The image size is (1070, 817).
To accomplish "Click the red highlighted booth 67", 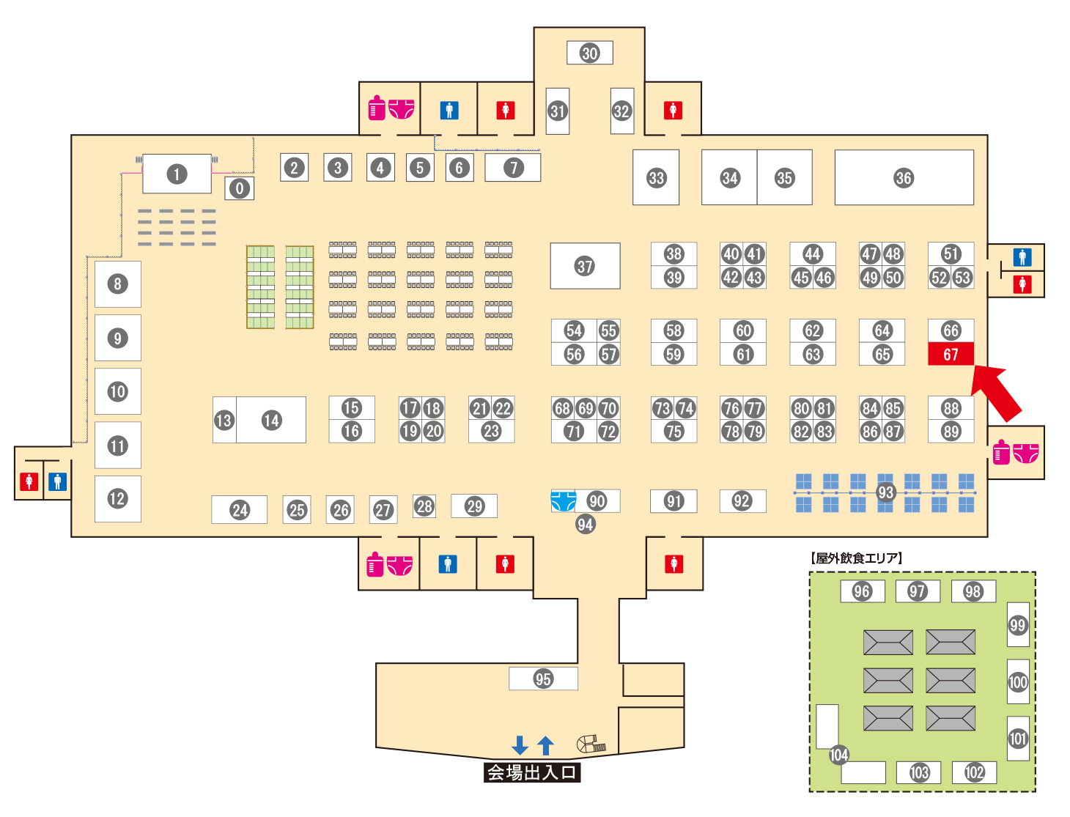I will pyautogui.click(x=951, y=354).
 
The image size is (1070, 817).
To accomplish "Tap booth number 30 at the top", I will pyautogui.click(x=590, y=53).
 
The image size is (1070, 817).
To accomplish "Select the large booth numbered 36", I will pyautogui.click(x=904, y=177).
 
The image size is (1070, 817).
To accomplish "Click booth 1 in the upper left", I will pyautogui.click(x=177, y=174).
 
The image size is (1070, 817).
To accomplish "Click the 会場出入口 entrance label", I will pyautogui.click(x=532, y=772).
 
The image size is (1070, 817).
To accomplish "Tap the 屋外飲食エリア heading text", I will pyautogui.click(x=856, y=558).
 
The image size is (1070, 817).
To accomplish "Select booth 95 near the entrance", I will pyautogui.click(x=543, y=679).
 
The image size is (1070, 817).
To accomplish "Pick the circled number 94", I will pyautogui.click(x=585, y=524).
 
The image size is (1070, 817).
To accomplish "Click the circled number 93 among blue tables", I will pyautogui.click(x=886, y=492).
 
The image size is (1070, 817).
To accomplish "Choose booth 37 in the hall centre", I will pyautogui.click(x=585, y=266).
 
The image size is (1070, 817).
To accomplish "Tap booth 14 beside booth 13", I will pyautogui.click(x=272, y=420).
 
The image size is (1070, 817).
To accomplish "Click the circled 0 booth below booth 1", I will pyautogui.click(x=239, y=188).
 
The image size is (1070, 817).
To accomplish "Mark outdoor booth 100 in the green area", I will pyautogui.click(x=1018, y=682).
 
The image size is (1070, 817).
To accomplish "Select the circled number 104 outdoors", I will pyautogui.click(x=839, y=755).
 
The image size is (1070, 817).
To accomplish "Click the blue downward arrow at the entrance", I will pyautogui.click(x=520, y=745).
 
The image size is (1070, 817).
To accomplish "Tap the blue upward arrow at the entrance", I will pyautogui.click(x=545, y=745).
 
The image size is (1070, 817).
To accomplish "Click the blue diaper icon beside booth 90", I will pyautogui.click(x=563, y=501).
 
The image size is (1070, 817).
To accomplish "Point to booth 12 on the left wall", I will pyautogui.click(x=117, y=499).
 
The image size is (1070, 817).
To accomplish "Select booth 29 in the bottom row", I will pyautogui.click(x=474, y=506).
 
